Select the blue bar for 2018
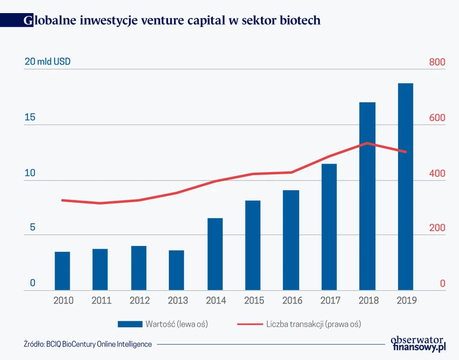click(x=367, y=197)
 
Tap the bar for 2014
click(x=215, y=254)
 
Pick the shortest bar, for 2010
click(x=62, y=271)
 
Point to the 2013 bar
click(x=177, y=271)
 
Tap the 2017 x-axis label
click(x=329, y=300)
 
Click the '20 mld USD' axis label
click(x=47, y=62)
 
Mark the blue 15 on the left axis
click(x=30, y=117)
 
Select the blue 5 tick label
click(x=33, y=228)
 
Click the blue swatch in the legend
click(x=130, y=324)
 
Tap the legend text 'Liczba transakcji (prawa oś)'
click(x=313, y=324)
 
